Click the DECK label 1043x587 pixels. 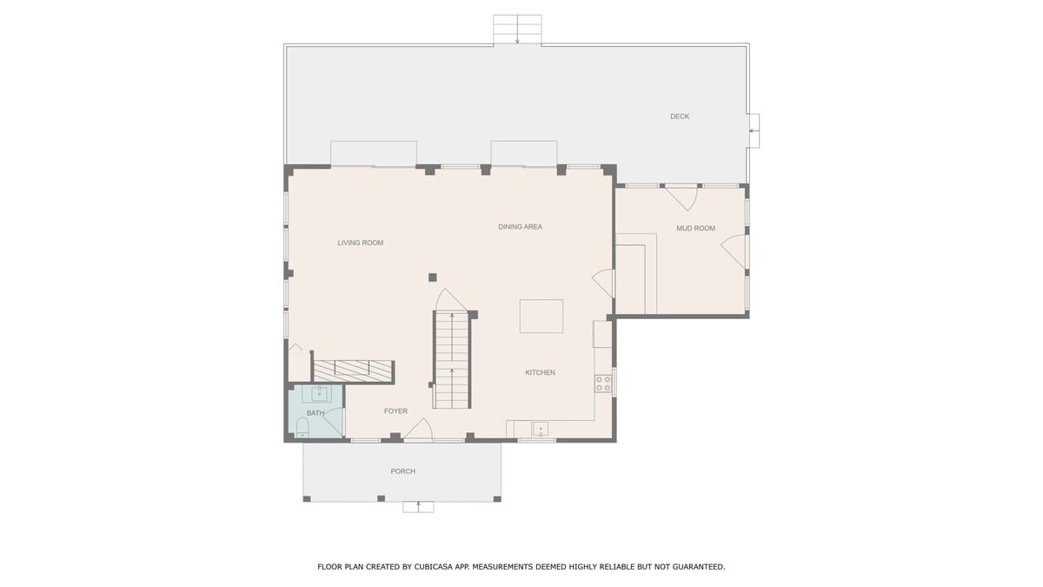pos(680,117)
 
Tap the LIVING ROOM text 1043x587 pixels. pos(361,243)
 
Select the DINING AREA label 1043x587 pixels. pos(520,227)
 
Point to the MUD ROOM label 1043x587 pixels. pos(695,228)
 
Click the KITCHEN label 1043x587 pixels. pos(540,373)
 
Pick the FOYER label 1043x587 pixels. pos(395,411)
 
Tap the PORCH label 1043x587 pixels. pos(402,471)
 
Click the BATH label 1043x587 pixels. pos(316,413)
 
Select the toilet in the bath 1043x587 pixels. pos(302,427)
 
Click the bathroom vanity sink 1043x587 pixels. pos(320,394)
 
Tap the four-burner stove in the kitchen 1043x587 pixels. pos(603,384)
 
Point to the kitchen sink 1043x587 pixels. pos(540,429)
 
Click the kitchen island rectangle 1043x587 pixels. pos(541,317)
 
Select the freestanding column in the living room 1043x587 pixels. pos(433,277)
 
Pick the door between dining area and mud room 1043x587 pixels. pos(604,283)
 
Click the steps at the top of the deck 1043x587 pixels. pos(517,30)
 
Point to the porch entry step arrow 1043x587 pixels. pos(418,506)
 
